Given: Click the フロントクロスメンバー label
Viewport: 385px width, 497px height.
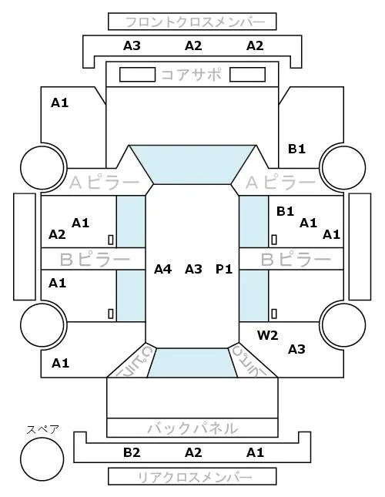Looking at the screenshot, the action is [x=195, y=22].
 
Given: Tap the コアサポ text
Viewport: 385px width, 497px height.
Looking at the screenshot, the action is [x=192, y=75].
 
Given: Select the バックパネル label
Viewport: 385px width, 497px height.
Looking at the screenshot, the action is [x=192, y=428].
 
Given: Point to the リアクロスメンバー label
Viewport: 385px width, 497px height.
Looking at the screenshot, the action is [x=195, y=477].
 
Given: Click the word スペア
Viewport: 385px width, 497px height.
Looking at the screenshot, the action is [x=43, y=430].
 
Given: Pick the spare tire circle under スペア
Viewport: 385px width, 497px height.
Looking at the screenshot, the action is [x=42, y=459].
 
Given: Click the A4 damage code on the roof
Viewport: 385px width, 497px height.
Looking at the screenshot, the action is [x=162, y=269].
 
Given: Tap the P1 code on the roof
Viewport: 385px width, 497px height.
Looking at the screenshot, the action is [x=224, y=269].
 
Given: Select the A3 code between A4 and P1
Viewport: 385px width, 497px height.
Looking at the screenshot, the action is [x=193, y=269].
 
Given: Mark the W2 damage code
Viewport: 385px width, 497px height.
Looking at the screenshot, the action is [x=267, y=335].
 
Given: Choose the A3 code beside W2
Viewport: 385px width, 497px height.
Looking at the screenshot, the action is [x=296, y=349].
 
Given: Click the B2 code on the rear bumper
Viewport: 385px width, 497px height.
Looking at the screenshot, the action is [x=132, y=452].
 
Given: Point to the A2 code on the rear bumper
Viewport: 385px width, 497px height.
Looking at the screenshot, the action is [x=193, y=452].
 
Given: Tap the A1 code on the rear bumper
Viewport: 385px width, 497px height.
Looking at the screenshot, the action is [x=255, y=452].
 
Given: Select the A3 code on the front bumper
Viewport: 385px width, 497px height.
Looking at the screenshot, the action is [x=132, y=45].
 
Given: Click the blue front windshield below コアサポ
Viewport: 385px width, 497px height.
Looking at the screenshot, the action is [x=192, y=164].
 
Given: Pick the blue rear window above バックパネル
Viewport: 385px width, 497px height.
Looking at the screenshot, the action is [x=192, y=363].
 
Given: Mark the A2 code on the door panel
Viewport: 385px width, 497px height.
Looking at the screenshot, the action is [x=57, y=234].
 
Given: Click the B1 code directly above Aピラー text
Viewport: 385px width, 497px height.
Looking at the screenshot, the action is [x=296, y=149].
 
